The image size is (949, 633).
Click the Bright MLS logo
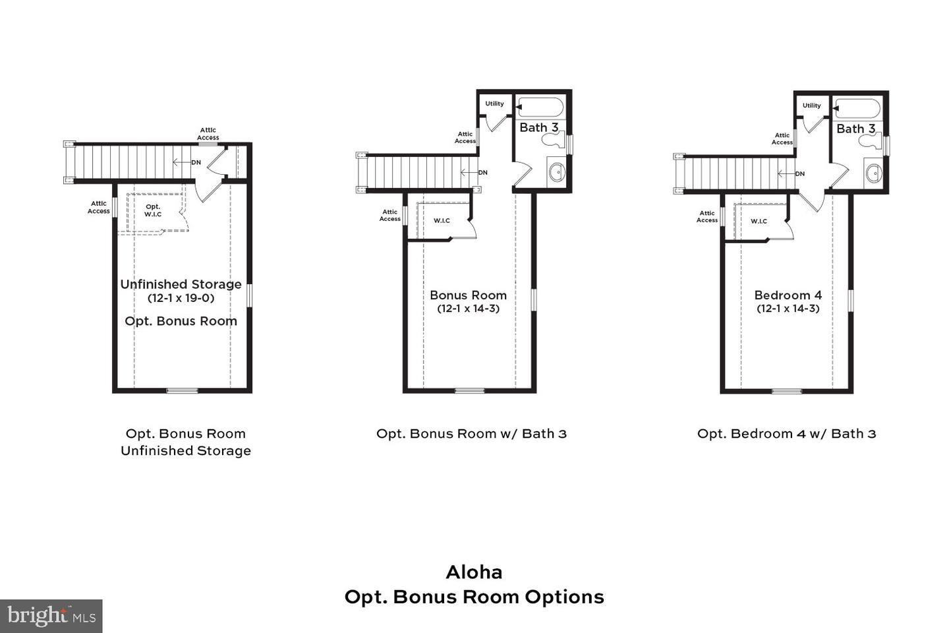[x=51, y=616]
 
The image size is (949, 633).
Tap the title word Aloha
[x=474, y=572]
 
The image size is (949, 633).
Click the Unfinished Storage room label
[x=181, y=284]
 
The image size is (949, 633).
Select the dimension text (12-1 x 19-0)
[x=181, y=298]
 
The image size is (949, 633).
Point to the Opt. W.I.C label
[x=153, y=210]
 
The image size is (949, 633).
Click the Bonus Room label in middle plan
[x=468, y=295]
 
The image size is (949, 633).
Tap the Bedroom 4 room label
[x=788, y=295]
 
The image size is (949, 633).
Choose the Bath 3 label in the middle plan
[x=538, y=127]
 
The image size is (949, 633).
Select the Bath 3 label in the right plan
[x=855, y=129]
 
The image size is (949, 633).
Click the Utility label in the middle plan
[x=494, y=104]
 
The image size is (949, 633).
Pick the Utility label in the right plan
[x=811, y=105]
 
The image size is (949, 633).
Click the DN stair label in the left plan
[x=196, y=162]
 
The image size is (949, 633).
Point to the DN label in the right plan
[x=799, y=174]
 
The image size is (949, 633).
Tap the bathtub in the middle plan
[x=540, y=107]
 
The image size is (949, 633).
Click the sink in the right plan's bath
[x=874, y=174]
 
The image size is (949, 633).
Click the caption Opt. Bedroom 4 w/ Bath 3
[x=786, y=433]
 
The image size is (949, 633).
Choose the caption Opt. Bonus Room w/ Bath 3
[x=471, y=433]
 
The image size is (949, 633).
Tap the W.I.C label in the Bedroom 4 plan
[x=759, y=221]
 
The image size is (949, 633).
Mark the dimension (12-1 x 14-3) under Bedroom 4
[x=788, y=309]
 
